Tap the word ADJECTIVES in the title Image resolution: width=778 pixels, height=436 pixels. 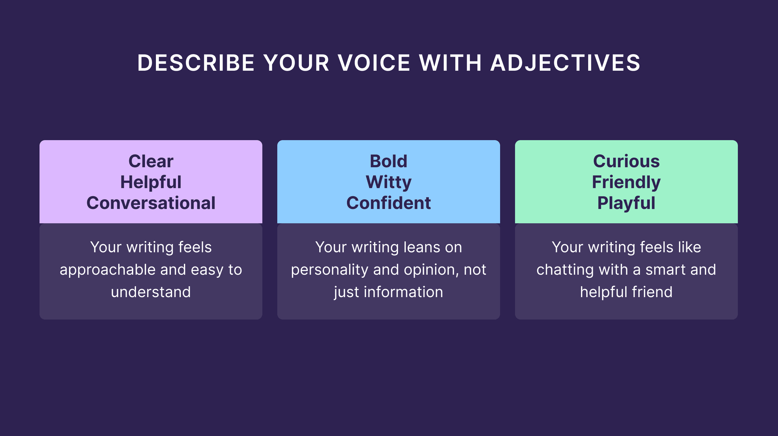[x=565, y=63]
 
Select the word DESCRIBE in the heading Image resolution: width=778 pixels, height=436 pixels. [x=196, y=63]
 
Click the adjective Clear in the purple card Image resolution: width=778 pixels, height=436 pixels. [x=151, y=161]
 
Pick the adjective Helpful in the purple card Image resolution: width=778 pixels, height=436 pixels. [x=151, y=182]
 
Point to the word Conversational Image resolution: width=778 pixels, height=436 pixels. [x=151, y=203]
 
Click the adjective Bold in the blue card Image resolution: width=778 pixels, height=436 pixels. [x=388, y=161]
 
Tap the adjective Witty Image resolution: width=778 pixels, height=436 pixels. [x=388, y=182]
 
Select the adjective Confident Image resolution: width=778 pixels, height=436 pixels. [x=388, y=203]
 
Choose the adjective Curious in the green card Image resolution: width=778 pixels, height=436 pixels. [x=626, y=161]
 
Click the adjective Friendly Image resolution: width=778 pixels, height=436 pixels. [x=626, y=182]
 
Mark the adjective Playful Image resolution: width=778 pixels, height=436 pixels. [x=626, y=203]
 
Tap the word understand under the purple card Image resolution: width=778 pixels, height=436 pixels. [x=151, y=292]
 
